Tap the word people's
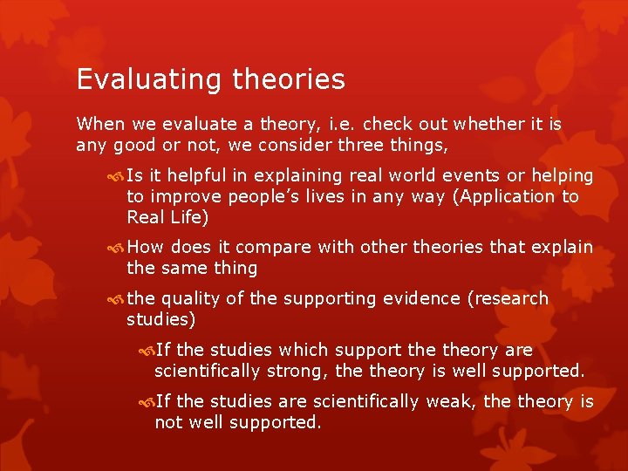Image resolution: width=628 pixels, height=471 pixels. [x=262, y=197]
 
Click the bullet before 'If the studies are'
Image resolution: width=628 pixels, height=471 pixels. [x=146, y=402]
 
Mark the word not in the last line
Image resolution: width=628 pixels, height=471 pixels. [x=167, y=422]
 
